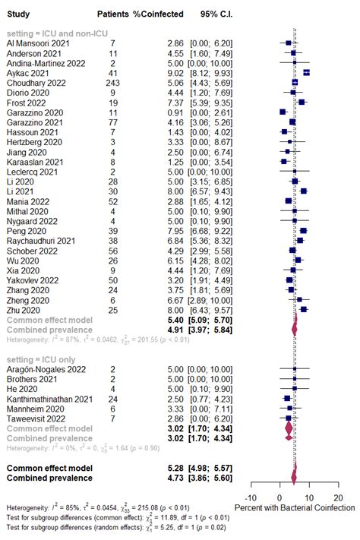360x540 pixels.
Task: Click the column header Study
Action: (18, 14)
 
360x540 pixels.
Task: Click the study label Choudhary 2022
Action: (36, 83)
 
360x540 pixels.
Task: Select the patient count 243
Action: (112, 83)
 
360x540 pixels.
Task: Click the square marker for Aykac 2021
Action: (306, 73)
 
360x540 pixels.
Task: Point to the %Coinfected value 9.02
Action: (175, 73)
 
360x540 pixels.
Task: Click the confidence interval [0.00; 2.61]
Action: (211, 112)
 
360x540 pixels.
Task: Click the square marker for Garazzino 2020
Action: (283, 112)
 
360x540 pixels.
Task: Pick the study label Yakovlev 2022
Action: (33, 279)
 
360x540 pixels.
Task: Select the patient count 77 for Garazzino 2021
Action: (112, 122)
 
